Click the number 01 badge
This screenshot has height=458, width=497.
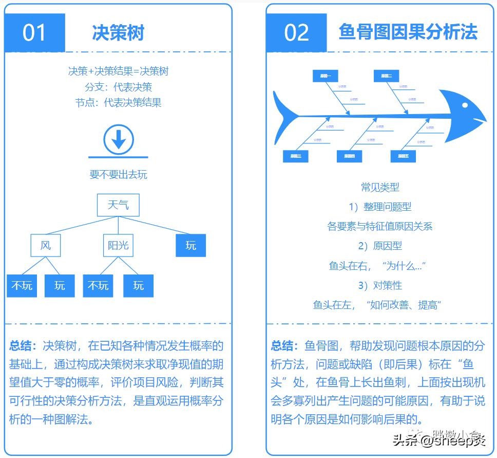click(x=34, y=32)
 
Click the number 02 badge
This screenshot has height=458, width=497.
click(x=296, y=32)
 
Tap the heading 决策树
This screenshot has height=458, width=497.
click(x=118, y=32)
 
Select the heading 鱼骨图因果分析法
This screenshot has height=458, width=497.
click(x=408, y=32)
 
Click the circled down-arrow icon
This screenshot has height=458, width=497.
click(x=119, y=139)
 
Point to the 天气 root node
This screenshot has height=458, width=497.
click(x=118, y=206)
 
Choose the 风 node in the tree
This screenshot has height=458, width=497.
click(x=46, y=245)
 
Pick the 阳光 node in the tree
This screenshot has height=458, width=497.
click(x=118, y=245)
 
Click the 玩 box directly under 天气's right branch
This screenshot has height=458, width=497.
click(x=190, y=245)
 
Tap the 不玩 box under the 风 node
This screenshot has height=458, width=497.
click(x=22, y=286)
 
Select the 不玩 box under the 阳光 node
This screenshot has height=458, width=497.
click(x=98, y=286)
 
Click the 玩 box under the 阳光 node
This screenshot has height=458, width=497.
click(x=138, y=286)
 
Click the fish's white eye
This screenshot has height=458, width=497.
click(x=465, y=105)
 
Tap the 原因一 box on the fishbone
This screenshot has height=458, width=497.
click(x=326, y=76)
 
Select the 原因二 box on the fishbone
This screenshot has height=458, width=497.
click(x=387, y=76)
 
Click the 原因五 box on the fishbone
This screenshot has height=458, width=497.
click(x=403, y=156)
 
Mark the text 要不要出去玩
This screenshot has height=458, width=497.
click(x=118, y=175)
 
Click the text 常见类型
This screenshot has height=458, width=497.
click(x=380, y=188)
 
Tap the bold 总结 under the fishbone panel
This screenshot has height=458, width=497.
click(x=283, y=345)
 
